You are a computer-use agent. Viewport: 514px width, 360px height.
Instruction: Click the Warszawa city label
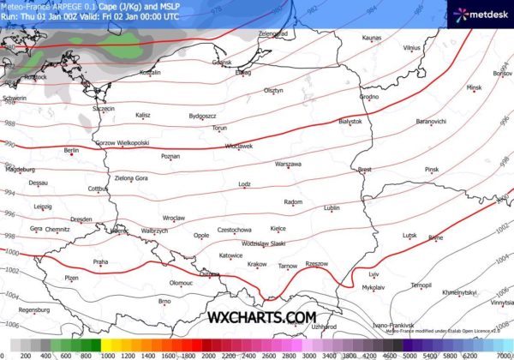tap(288, 163)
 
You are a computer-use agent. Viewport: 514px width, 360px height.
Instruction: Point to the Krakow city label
tap(257, 264)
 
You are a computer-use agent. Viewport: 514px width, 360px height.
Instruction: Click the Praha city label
tap(100, 261)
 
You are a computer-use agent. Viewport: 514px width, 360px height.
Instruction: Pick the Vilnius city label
tap(412, 48)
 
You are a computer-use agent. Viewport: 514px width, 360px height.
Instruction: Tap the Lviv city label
tap(374, 273)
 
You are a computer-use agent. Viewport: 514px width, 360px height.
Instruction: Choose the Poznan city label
tap(170, 156)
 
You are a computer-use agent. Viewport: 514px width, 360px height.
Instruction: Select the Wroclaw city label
tap(174, 218)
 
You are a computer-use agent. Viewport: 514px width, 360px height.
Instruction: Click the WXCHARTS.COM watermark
tap(262, 317)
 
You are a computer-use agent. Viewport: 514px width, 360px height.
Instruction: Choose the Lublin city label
tap(332, 207)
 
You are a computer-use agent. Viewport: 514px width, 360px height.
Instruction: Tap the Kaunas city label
tap(371, 38)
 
